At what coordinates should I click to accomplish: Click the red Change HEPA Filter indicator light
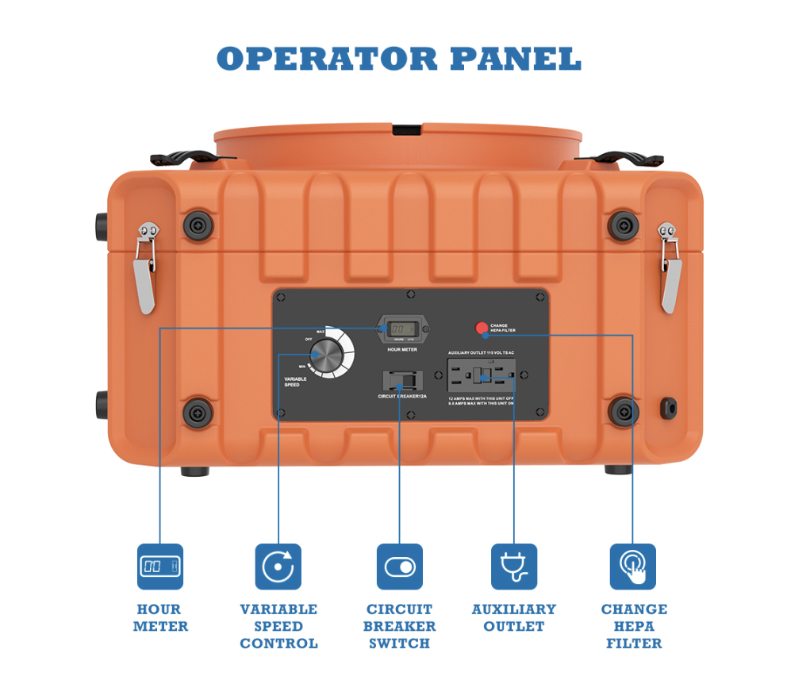482,327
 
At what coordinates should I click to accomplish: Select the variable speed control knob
326,355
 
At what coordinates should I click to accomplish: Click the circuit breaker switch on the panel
400,379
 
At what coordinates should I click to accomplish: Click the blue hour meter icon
159,567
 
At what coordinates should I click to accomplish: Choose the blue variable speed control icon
278,567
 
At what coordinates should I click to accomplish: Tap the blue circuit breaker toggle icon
399,567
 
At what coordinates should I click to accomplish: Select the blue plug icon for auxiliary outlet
514,567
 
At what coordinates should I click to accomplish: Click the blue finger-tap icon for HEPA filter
632,567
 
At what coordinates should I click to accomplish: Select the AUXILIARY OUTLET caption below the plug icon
514,617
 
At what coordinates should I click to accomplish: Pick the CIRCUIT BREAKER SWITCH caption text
399,626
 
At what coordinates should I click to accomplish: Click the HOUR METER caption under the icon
159,617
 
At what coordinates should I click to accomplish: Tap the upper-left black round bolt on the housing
198,225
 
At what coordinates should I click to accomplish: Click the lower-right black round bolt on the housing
624,411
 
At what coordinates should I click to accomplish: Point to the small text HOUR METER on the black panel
402,350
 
